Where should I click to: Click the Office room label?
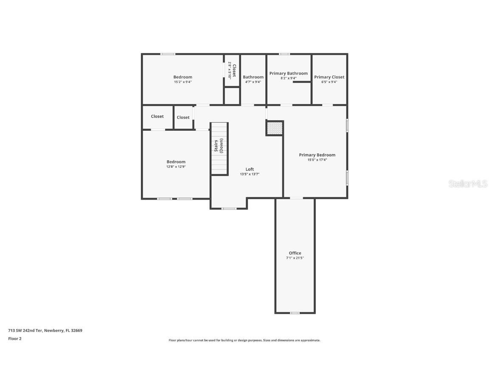295,253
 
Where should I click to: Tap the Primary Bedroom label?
317,155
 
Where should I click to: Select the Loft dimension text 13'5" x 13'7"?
250,174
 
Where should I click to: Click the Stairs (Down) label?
218,146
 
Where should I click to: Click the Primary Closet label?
329,77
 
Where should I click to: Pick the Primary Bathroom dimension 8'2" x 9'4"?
289,78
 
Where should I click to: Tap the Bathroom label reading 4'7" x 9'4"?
253,82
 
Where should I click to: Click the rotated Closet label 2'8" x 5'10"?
232,71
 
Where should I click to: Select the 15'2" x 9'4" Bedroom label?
183,82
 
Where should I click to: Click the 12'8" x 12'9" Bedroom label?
176,167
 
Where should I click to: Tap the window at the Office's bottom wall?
295,313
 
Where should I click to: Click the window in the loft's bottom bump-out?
229,209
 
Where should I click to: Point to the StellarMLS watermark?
468,183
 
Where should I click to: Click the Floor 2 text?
14,339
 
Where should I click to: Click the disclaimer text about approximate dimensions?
244,340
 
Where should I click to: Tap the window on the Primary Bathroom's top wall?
284,54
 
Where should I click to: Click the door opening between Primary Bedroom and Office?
296,198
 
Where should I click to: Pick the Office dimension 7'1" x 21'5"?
295,258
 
